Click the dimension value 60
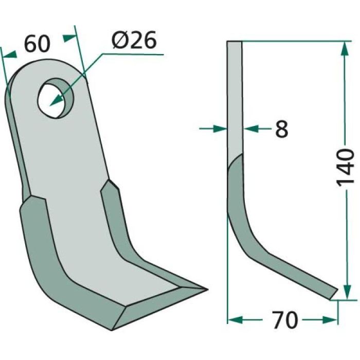37,44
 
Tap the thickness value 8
281,129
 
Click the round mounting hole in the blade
56,94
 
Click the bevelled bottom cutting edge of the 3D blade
154,309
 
